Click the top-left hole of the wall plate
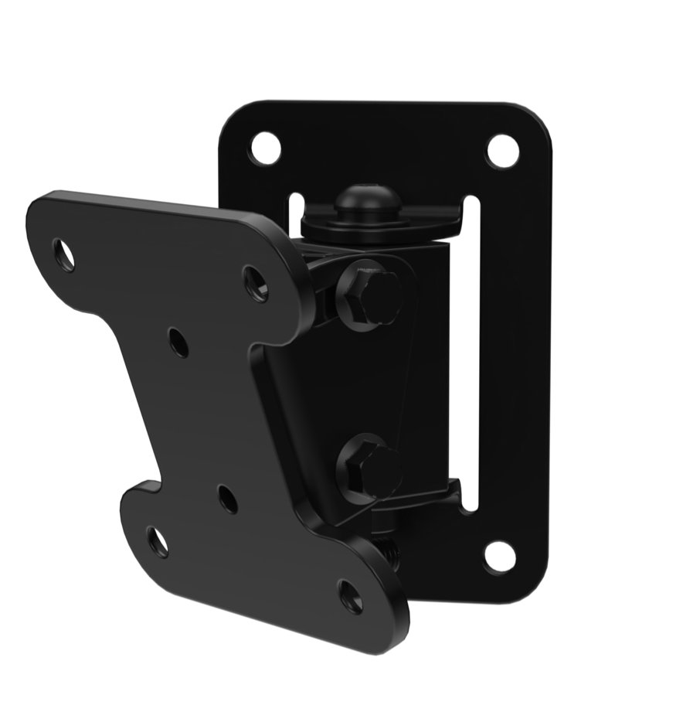click(265, 148)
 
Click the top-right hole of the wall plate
click(502, 151)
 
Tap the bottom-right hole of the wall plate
click(499, 556)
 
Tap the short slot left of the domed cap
click(296, 215)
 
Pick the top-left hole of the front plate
click(63, 254)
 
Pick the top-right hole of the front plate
click(256, 284)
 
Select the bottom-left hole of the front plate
click(158, 542)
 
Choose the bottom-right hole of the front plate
click(351, 596)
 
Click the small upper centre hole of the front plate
click(178, 342)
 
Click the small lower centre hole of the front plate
click(228, 499)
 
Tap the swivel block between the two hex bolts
click(421, 379)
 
